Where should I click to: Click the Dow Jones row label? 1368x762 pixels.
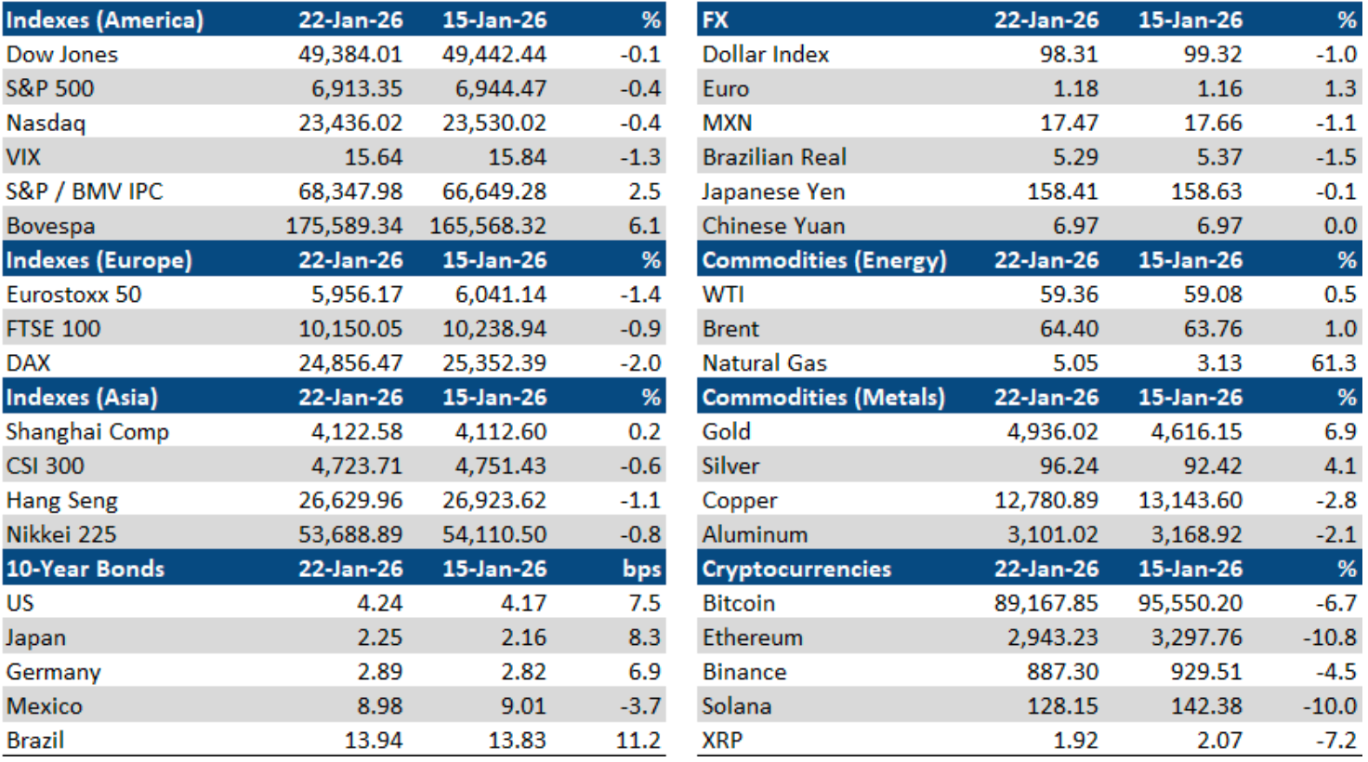point(62,54)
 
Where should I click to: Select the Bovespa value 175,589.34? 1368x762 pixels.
point(344,226)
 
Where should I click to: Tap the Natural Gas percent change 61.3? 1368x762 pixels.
point(1334,363)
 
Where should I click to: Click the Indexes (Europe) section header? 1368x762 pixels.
point(99,260)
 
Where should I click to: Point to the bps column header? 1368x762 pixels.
point(642,570)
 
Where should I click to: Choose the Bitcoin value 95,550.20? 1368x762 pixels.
point(1190,603)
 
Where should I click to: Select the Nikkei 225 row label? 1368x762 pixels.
point(62,535)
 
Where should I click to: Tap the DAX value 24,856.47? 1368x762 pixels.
point(350,363)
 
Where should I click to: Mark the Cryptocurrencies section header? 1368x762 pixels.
point(796,570)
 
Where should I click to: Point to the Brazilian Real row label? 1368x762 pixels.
point(774,157)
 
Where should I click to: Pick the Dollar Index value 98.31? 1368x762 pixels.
point(1069,54)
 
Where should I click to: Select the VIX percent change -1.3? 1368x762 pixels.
point(640,157)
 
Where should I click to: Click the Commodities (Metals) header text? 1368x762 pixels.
point(823,398)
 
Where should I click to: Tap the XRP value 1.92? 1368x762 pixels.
point(1075,741)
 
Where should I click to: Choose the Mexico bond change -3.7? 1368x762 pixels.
point(640,706)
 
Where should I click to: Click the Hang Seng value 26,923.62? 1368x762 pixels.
point(494,501)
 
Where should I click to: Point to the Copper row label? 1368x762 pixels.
point(740,501)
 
